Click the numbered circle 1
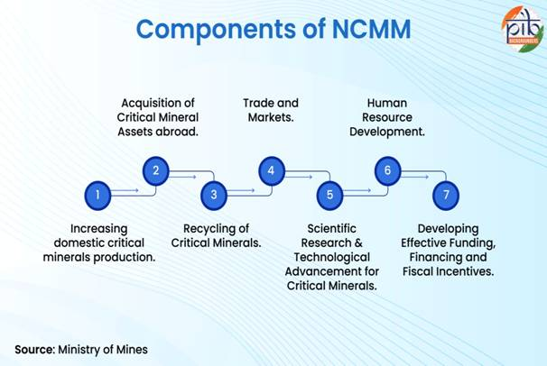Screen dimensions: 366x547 [97, 193]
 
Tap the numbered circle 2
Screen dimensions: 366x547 [155, 169]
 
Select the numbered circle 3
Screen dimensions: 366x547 [214, 193]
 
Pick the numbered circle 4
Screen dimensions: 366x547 [272, 169]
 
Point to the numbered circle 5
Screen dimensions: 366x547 [329, 193]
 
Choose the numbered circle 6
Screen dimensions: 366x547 [387, 169]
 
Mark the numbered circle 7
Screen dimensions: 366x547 [445, 193]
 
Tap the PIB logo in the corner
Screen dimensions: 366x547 [520, 29]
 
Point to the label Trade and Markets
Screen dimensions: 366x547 [271, 110]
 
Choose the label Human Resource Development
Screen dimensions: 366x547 [387, 117]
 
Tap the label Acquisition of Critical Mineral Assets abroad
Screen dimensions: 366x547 [158, 117]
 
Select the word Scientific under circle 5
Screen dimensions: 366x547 [330, 228]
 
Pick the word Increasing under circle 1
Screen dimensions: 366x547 [98, 228]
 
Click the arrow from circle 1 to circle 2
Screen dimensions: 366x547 [126, 190]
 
